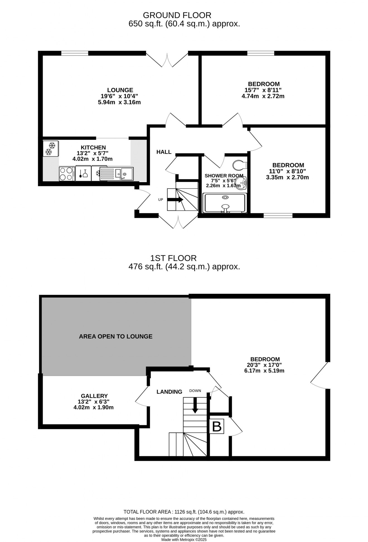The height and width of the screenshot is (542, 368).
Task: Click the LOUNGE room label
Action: click(120, 90)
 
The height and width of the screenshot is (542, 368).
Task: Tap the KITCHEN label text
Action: click(93, 148)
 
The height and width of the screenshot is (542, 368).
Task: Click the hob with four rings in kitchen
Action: click(66, 174)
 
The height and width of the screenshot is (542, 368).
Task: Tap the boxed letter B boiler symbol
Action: click(217, 426)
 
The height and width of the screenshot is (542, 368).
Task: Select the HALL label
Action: click(164, 152)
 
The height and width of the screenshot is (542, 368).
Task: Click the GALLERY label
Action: click(94, 396)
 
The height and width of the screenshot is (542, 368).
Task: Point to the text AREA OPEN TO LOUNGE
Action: click(116, 336)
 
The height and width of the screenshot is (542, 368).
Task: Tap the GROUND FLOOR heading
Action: click(177, 15)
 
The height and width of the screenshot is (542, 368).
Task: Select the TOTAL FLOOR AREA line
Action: click(184, 512)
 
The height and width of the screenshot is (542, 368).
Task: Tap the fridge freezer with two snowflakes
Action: click(51, 148)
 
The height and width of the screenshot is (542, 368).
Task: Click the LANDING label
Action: click(169, 392)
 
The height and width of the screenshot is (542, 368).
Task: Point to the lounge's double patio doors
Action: click(167, 59)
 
